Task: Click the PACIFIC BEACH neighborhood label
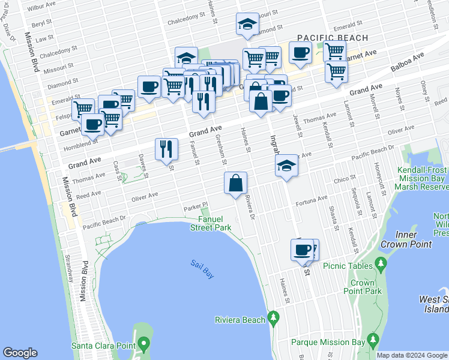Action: (333, 38)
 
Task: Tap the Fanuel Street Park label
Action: (211, 223)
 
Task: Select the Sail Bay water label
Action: (202, 269)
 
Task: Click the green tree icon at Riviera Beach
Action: (274, 316)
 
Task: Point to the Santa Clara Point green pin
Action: (143, 344)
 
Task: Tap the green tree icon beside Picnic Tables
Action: (379, 263)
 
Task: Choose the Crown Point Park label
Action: (366, 287)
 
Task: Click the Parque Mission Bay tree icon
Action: (373, 342)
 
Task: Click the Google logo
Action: (20, 353)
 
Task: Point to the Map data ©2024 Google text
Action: (411, 355)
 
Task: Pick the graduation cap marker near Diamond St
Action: (247, 25)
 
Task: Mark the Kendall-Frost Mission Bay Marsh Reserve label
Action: (421, 178)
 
